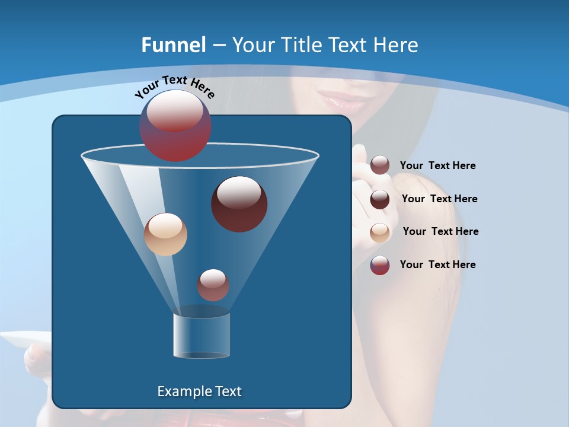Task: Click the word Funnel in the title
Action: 173,45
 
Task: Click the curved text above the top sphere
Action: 174,87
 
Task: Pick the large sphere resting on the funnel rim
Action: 175,125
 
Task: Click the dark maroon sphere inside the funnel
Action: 239,204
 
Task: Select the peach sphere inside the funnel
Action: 165,234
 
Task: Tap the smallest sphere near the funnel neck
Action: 213,285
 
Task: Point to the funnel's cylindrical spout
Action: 202,334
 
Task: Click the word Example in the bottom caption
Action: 180,391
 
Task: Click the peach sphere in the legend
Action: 380,232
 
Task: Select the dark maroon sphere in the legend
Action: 380,199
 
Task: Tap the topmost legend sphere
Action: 380,165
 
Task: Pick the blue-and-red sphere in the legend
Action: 380,265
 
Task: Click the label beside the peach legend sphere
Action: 440,231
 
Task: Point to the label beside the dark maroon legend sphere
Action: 439,199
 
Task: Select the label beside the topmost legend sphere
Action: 437,165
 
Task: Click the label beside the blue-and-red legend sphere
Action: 437,265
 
